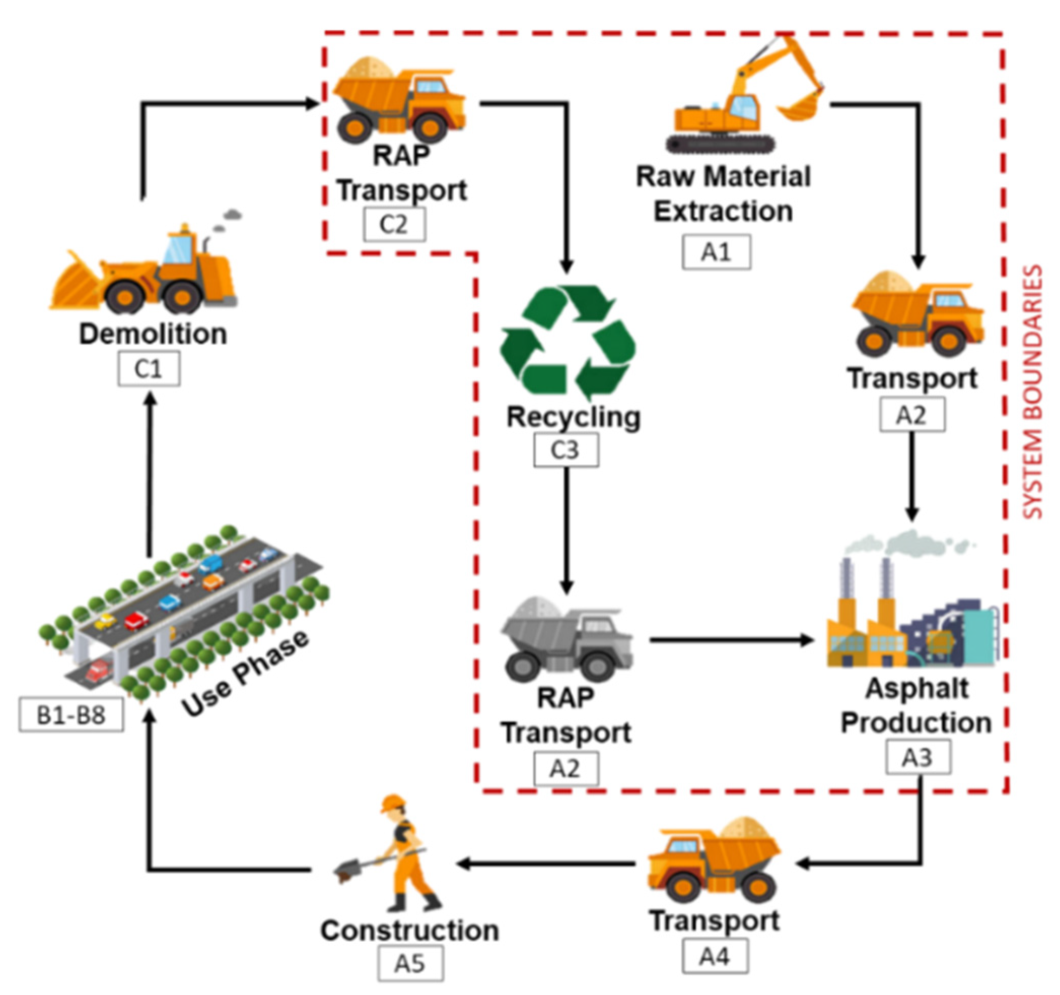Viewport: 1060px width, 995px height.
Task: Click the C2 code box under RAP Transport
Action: pos(394,225)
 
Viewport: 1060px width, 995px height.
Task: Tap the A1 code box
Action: pos(716,252)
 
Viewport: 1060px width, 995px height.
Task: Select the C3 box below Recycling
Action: pos(566,450)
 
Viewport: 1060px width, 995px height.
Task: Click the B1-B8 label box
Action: pos(71,714)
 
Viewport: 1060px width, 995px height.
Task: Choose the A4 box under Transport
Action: pos(715,956)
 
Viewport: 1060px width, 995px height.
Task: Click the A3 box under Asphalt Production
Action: pos(917,757)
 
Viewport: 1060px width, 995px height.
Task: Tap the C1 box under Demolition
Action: pos(149,369)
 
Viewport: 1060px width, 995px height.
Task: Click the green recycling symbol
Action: pos(568,341)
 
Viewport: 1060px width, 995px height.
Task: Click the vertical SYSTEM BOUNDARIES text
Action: pos(1033,392)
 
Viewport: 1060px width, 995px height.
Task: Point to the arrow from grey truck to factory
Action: pos(730,640)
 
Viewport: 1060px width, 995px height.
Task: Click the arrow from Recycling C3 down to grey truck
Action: pos(566,528)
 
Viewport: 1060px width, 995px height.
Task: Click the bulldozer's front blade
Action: pos(72,283)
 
